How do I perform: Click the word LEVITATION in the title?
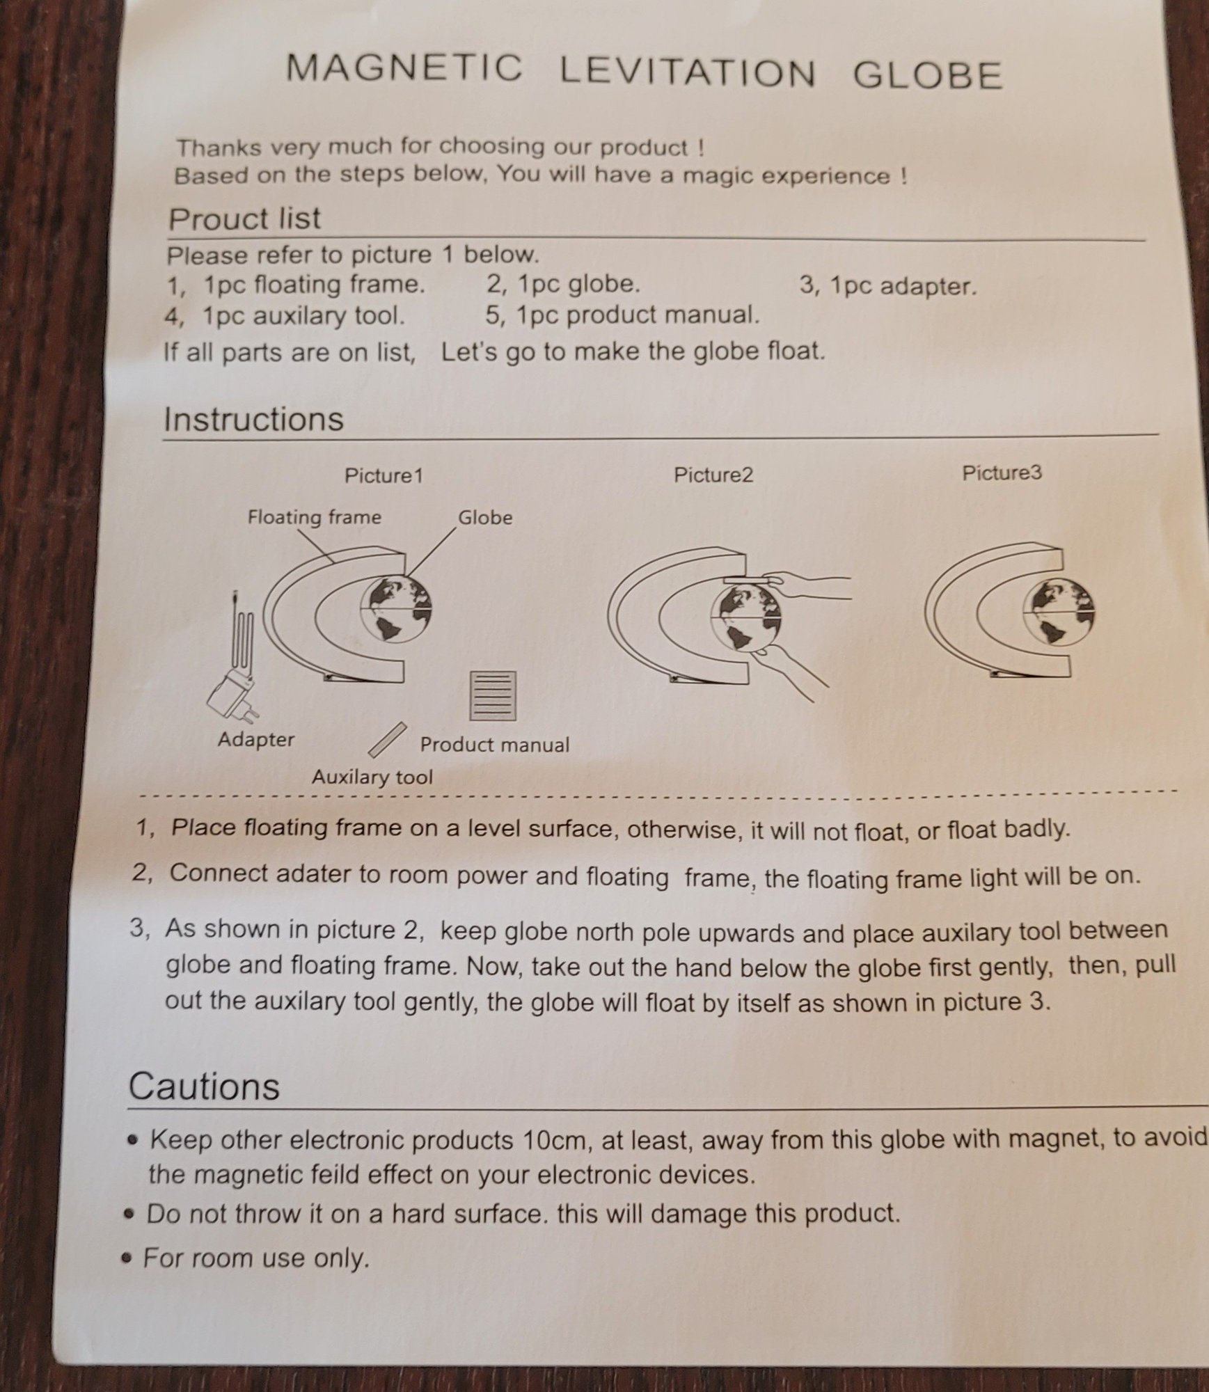(688, 72)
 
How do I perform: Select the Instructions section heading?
(253, 419)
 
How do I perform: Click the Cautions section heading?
(204, 1086)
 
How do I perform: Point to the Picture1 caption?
(384, 476)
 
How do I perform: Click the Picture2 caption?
(713, 475)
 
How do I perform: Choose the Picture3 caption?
(1002, 473)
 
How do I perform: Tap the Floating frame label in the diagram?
(315, 517)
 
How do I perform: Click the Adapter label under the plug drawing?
(256, 739)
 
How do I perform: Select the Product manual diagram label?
(494, 745)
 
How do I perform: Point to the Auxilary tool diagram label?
(372, 777)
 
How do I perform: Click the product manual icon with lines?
(493, 695)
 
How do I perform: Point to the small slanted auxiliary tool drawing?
(388, 740)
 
